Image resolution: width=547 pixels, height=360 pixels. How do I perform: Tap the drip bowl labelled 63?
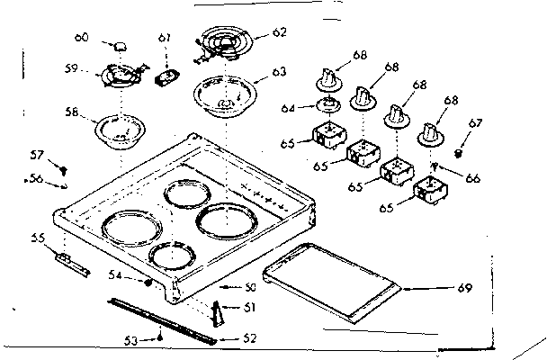[224, 97]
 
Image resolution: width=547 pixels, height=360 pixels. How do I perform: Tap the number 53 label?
[131, 340]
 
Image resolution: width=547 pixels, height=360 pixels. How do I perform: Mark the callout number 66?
[471, 177]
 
